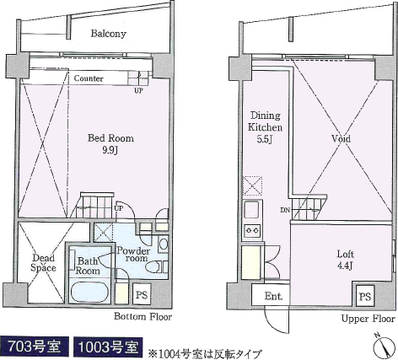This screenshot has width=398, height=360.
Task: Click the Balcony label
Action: pos(108,34)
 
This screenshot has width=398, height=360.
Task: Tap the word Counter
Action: pos(89,78)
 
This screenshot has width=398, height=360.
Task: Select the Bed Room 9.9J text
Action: pos(110,144)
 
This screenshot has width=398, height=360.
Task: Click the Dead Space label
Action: pos(43,263)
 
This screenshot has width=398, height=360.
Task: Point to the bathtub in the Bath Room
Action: pos(89,292)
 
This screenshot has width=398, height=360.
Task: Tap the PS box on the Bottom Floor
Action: pos(142,294)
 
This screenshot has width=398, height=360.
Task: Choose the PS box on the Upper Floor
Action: pos(365,296)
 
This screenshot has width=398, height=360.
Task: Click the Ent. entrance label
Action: pos(273,296)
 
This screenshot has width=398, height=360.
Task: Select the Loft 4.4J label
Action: pos(346,260)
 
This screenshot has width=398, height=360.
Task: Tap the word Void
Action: pos(341,138)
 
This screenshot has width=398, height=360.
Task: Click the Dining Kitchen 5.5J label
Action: pos(265,127)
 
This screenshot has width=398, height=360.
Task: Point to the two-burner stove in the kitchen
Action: pos(252,230)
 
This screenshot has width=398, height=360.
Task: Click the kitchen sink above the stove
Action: pos(252,210)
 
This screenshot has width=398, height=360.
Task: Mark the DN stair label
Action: pos(285,210)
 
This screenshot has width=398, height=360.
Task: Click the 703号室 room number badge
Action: pos(34,347)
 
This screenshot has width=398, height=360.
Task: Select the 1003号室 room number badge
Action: pos(108,347)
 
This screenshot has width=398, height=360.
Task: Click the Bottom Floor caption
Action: pos(143,317)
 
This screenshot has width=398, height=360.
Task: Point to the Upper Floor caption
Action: pos(368,319)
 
